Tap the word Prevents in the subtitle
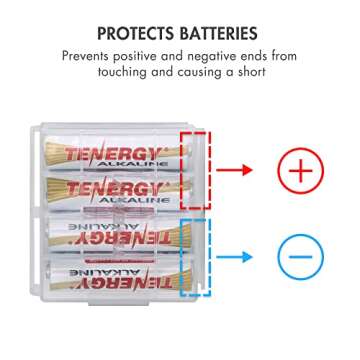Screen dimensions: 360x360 [89, 57]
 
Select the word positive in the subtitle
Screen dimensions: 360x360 [148, 57]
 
